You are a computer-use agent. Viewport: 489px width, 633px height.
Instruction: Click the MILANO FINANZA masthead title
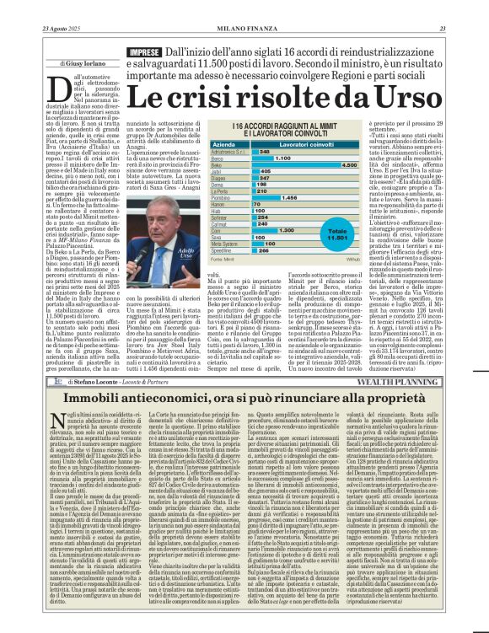(244, 7)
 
